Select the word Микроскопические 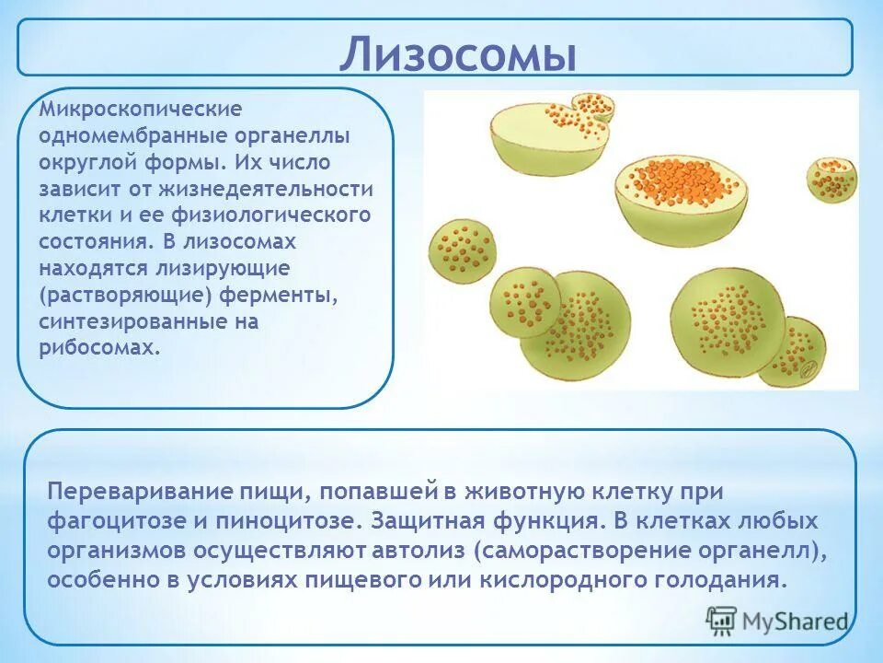(141, 110)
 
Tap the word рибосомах (98, 349)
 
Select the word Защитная (427, 520)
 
